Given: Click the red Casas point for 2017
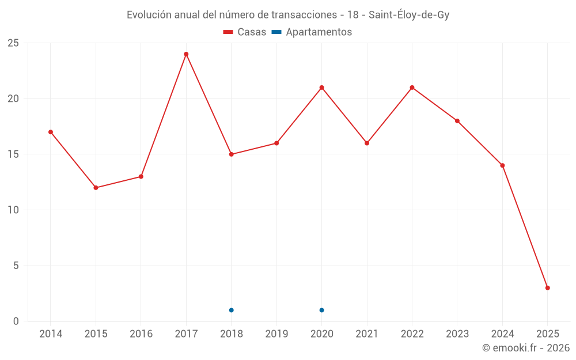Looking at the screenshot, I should click(186, 54).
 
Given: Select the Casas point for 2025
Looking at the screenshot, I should click(547, 288).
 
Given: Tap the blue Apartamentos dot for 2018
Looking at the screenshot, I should click(231, 310).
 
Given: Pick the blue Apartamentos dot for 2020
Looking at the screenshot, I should click(321, 310).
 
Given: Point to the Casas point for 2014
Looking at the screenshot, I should click(51, 132).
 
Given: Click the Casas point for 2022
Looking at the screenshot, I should click(412, 88).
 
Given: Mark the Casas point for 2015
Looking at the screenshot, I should click(96, 188).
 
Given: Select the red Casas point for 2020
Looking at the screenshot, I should click(321, 88).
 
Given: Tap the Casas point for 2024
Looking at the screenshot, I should click(502, 165).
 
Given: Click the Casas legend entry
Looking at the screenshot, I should click(245, 32).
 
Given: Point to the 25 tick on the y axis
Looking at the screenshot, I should click(13, 43).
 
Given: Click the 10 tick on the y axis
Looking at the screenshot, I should click(13, 210).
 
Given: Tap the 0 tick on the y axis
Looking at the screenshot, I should click(16, 321).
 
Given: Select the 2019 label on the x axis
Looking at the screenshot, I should click(276, 334).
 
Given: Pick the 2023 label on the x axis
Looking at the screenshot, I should click(457, 334).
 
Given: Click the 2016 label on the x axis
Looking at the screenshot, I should click(141, 334).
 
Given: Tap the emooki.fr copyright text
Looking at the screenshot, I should click(526, 348).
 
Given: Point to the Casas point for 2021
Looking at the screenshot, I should click(367, 143).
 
